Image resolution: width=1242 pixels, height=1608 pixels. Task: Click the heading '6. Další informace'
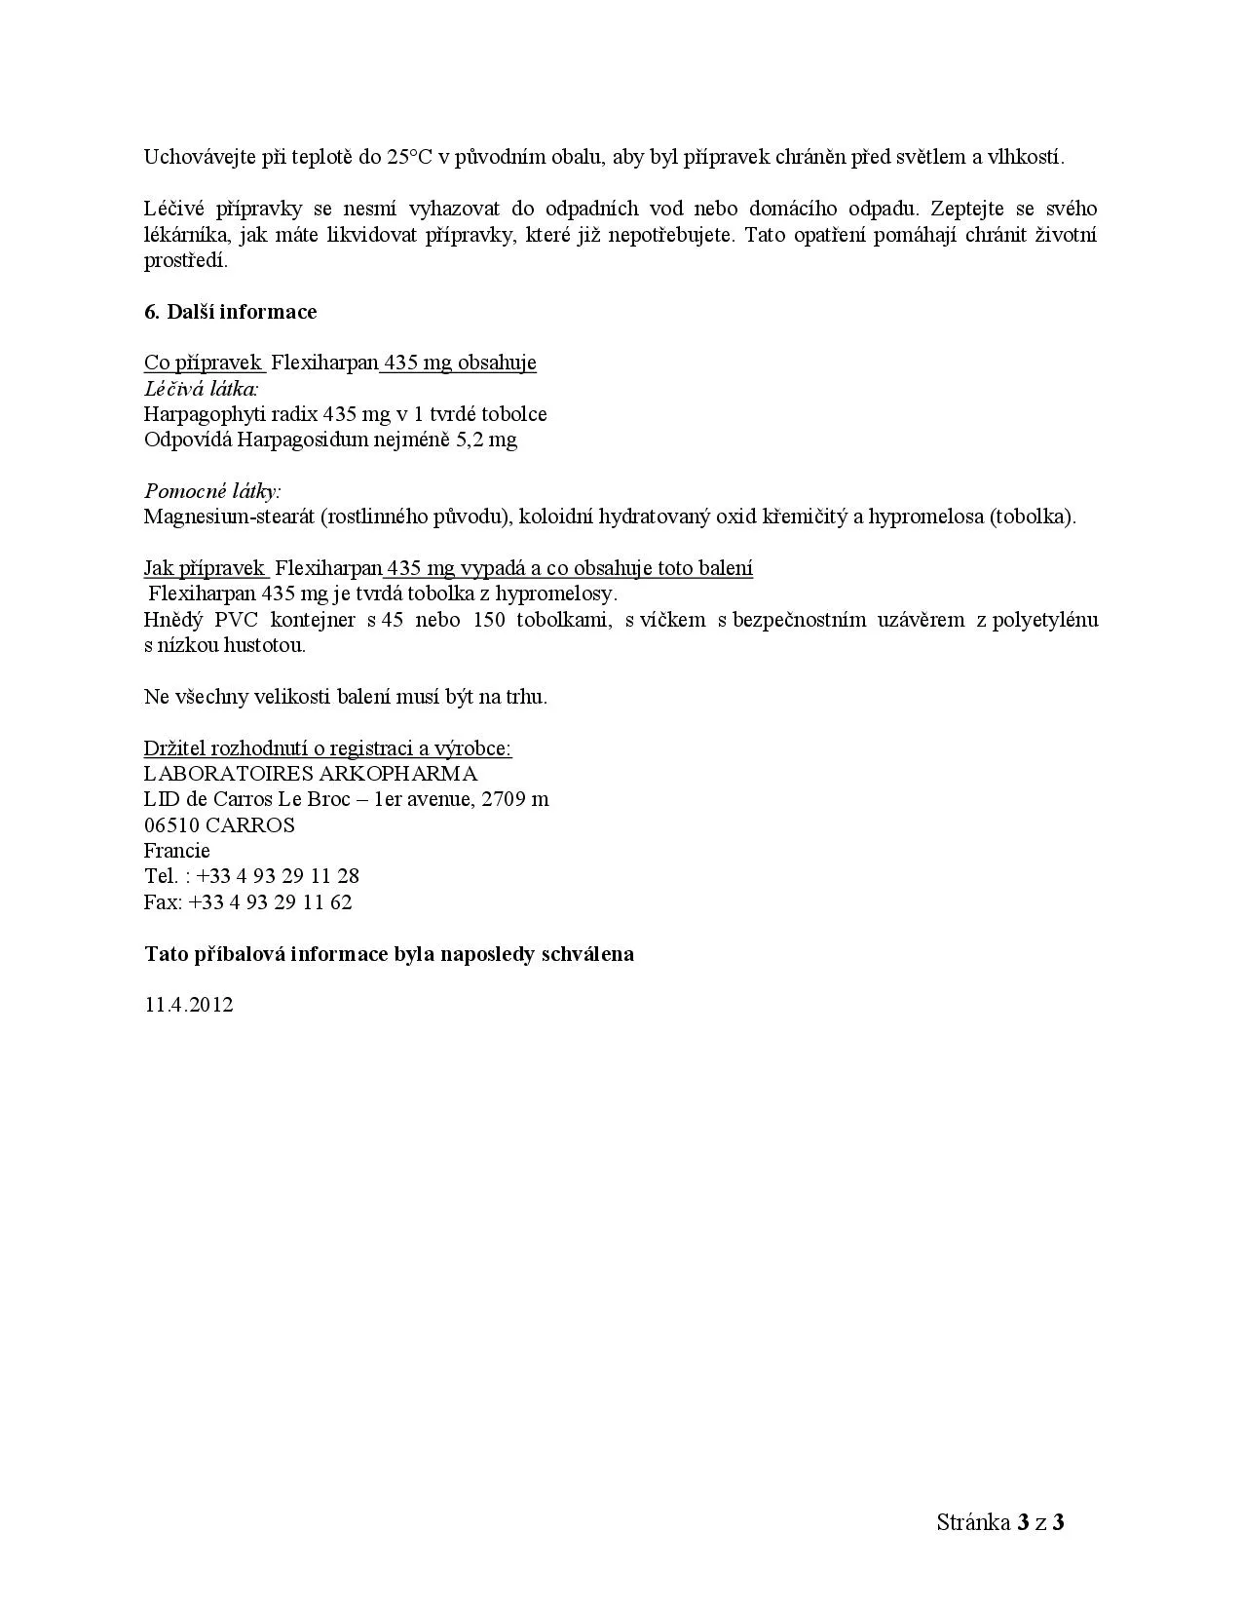coord(230,312)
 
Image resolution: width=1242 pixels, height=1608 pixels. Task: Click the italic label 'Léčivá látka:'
coord(202,388)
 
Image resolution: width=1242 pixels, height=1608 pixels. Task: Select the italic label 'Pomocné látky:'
coord(211,490)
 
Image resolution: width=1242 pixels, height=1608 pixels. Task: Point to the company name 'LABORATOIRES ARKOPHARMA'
coord(311,774)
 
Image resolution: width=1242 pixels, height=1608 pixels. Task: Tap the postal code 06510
coord(170,825)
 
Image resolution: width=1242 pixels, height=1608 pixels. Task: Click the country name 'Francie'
coord(176,851)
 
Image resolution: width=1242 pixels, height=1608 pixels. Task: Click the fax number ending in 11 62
coord(271,902)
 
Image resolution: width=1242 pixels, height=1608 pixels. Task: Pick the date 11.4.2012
coord(189,1005)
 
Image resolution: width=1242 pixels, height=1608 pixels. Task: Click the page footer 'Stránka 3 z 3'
coord(999,1522)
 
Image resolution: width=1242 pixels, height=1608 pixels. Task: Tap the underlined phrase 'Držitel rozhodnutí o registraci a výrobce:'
coord(327,748)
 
